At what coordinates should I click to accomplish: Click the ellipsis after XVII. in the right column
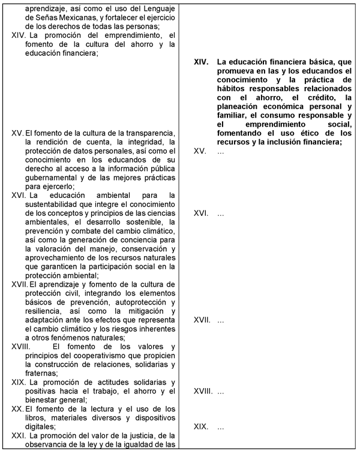pos(221,320)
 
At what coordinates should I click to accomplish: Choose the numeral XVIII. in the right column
pos(203,391)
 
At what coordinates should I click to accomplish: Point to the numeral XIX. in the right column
pos(201,426)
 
